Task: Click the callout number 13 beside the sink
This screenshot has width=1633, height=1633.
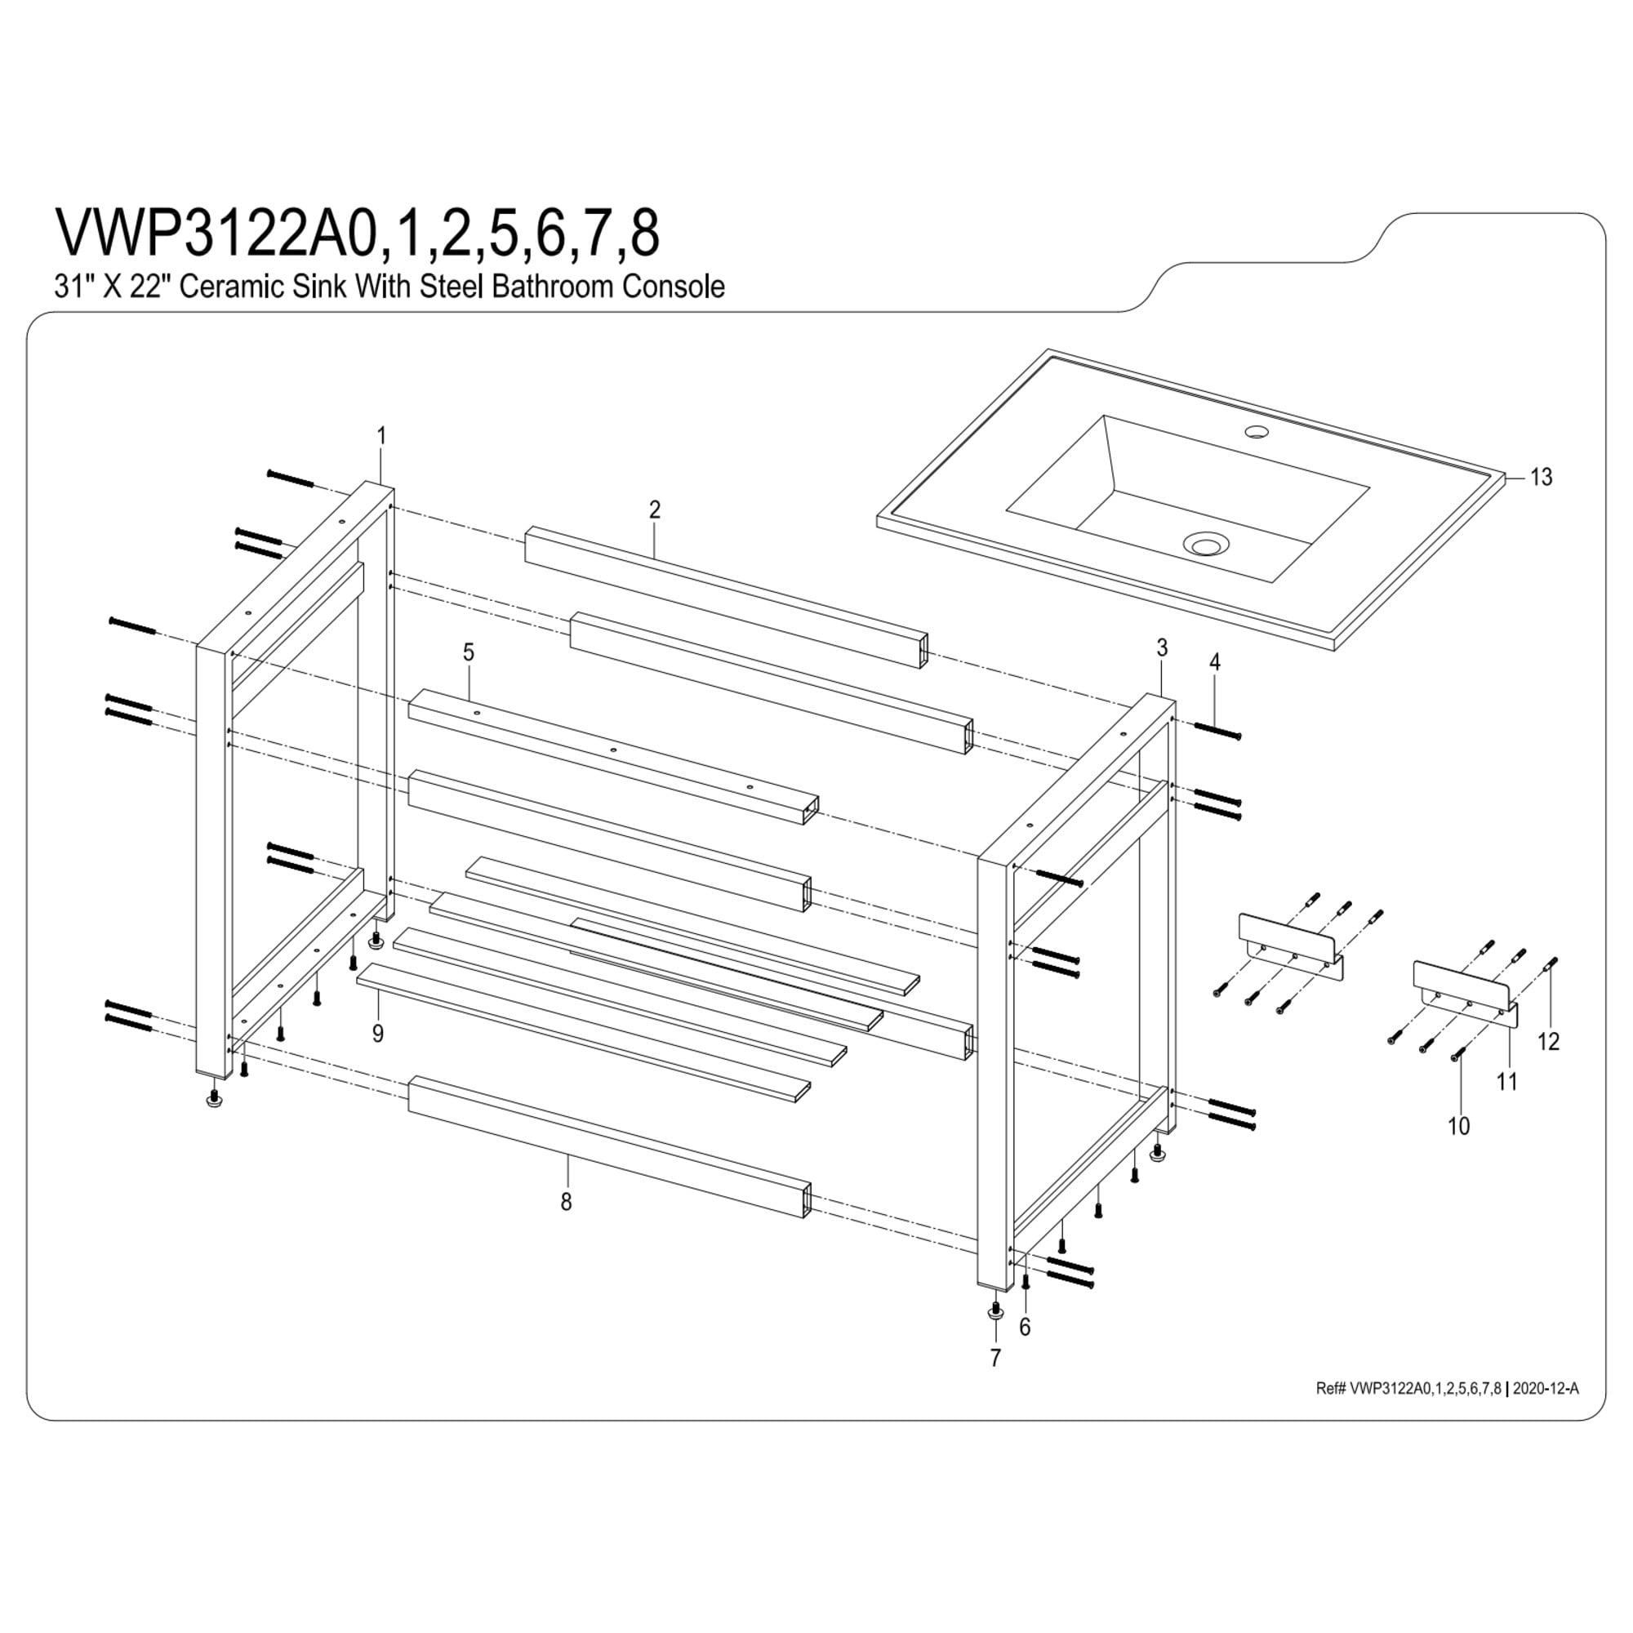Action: click(x=1541, y=478)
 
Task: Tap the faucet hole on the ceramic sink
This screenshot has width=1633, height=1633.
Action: click(x=1257, y=432)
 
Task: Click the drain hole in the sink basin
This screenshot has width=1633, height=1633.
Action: click(x=1203, y=543)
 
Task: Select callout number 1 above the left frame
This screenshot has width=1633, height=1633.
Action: click(x=381, y=436)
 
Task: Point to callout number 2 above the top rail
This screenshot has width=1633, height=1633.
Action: click(x=654, y=509)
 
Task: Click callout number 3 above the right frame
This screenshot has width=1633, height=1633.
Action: click(x=1162, y=648)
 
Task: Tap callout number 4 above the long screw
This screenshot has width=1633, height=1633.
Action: click(x=1215, y=663)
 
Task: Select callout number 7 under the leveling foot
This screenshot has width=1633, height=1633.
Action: click(x=994, y=1359)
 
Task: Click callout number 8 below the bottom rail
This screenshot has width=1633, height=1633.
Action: click(x=567, y=1201)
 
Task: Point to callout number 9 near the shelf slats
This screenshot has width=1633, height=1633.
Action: click(x=378, y=1033)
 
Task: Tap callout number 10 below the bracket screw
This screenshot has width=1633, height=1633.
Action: click(x=1459, y=1126)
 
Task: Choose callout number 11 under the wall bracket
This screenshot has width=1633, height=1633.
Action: click(x=1507, y=1081)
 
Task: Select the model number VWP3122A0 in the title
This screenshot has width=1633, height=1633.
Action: click(x=215, y=234)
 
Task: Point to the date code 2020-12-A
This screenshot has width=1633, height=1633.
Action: click(x=1545, y=1389)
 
